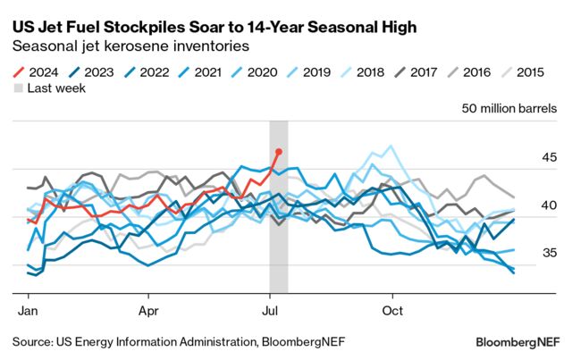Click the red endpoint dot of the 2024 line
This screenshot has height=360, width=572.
pyautogui.click(x=279, y=152)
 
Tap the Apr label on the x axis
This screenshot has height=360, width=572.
pyautogui.click(x=148, y=312)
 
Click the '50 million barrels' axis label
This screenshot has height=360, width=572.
pyautogui.click(x=508, y=109)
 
